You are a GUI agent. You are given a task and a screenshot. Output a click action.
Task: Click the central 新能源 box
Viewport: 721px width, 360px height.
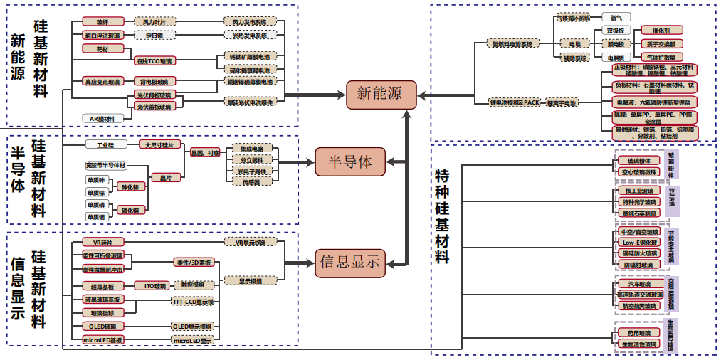pos(379,95)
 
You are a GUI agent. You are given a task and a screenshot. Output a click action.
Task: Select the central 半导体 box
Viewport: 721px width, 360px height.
pos(349,162)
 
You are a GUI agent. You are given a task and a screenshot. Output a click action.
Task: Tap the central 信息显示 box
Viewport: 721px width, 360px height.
pos(349,262)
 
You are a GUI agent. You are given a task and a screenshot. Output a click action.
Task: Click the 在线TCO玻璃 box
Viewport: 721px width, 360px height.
pos(154,61)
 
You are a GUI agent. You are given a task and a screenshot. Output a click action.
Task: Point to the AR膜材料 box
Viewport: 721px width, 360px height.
pos(102,118)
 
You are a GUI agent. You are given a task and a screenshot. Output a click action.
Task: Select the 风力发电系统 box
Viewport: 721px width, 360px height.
pos(250,22)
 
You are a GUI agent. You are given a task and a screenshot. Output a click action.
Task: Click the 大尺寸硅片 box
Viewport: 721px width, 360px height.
pos(159,144)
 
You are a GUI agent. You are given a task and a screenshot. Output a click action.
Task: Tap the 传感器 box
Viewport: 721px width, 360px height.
pos(252,181)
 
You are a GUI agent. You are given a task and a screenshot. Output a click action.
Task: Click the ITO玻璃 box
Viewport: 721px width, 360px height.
pos(151,285)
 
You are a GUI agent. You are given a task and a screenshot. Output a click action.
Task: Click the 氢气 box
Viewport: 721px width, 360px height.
pos(616,17)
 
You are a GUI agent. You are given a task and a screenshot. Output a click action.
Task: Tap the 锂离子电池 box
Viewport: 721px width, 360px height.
pos(562,103)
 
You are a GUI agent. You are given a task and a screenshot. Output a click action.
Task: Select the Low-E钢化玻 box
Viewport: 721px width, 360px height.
pos(639,243)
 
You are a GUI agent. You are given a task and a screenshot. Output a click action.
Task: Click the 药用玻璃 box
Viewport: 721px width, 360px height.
pos(635,332)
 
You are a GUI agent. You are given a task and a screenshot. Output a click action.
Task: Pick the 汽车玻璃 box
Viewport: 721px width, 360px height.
pos(635,284)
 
